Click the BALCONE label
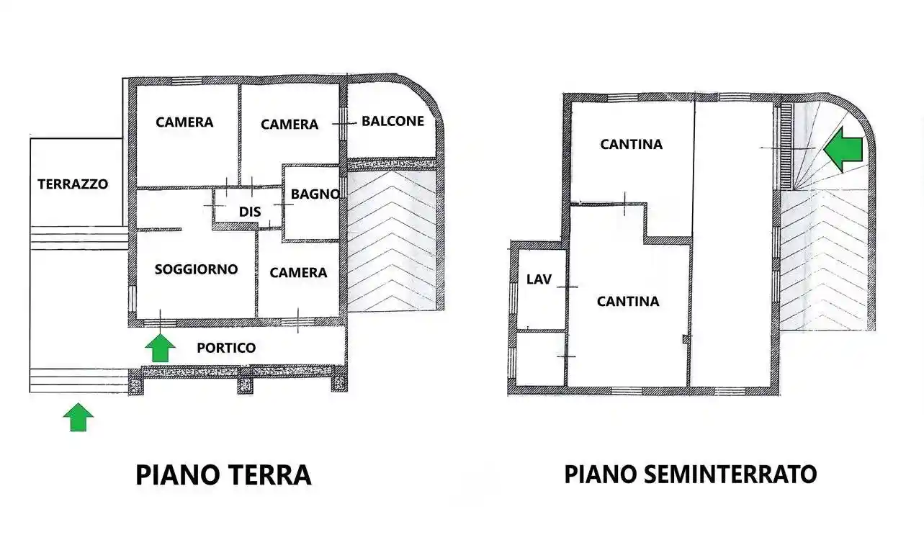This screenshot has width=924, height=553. click(393, 121)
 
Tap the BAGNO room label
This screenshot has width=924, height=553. click(315, 194)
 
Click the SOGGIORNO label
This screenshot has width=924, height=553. click(196, 269)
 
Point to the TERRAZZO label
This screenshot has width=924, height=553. click(73, 184)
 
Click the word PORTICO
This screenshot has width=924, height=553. click(226, 348)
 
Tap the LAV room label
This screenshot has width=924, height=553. click(539, 279)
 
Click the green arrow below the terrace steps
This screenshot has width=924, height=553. click(79, 418)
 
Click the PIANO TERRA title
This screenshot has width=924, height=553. click(223, 475)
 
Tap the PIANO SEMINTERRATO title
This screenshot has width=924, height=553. click(690, 475)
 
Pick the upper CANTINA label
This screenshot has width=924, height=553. click(632, 145)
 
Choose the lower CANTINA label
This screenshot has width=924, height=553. click(628, 301)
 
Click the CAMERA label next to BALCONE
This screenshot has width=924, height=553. click(290, 125)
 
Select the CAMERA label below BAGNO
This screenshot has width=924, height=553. click(298, 273)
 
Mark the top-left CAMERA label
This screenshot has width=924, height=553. click(184, 122)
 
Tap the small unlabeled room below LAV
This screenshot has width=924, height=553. click(540, 358)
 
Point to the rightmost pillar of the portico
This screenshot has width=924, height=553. click(338, 382)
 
